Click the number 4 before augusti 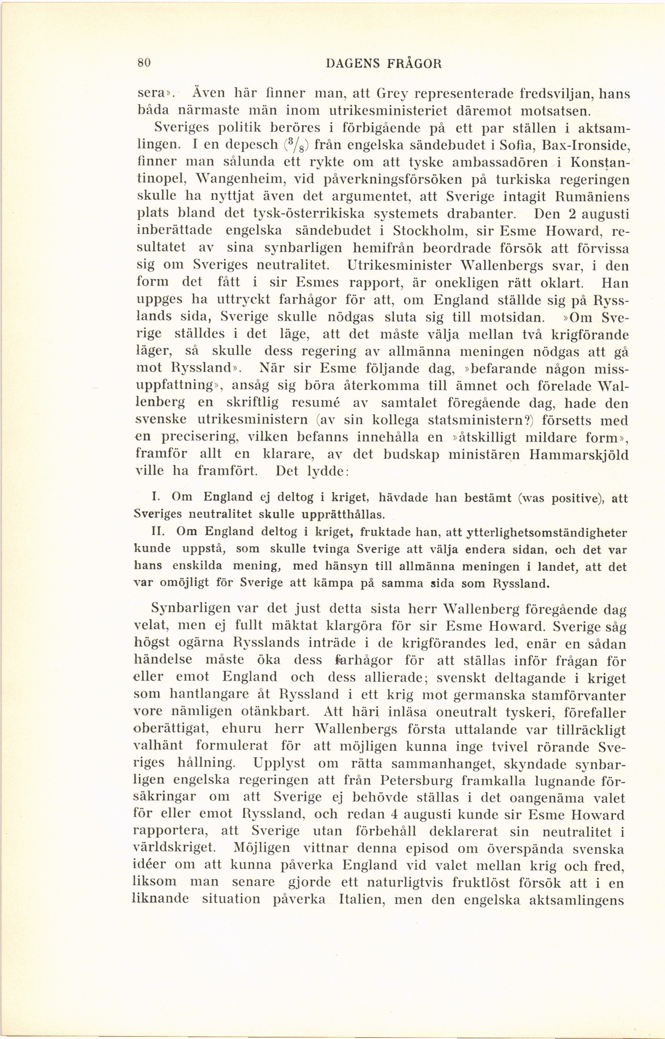click(x=393, y=814)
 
